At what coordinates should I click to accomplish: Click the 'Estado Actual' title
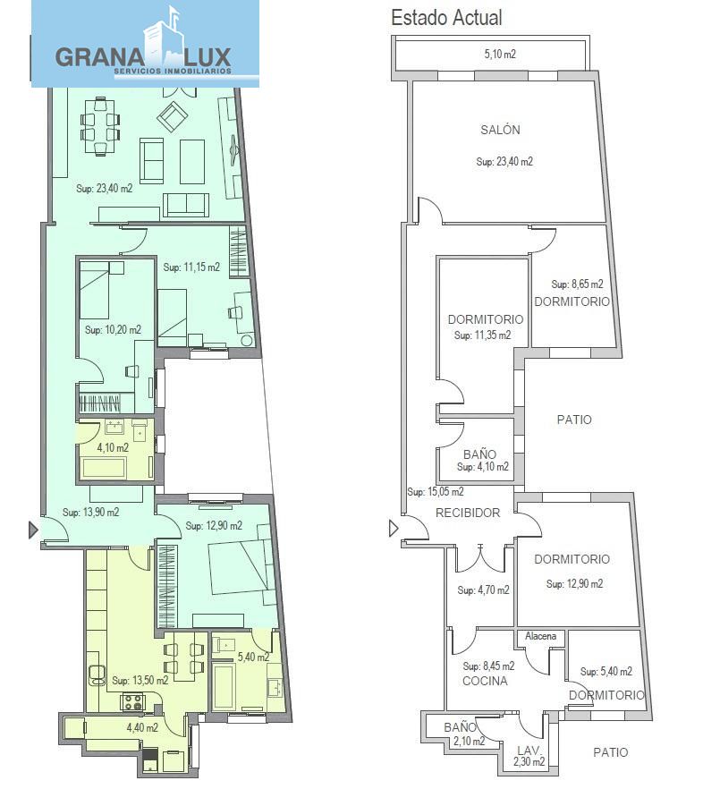[x=446, y=18]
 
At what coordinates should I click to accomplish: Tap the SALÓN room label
[x=500, y=130]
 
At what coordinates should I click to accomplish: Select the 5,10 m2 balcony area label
[x=500, y=54]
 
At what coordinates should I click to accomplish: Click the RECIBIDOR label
[x=468, y=513]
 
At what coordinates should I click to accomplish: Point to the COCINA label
[x=485, y=681]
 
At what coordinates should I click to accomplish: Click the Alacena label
[x=541, y=636]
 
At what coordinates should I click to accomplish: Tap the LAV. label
[x=529, y=751]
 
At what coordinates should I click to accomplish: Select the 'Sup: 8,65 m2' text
[x=577, y=284]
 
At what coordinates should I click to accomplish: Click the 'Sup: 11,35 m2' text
[x=483, y=335]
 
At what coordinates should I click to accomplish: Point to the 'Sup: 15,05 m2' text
[x=436, y=492]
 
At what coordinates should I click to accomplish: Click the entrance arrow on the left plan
[x=33, y=530]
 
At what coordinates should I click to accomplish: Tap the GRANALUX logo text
[x=143, y=56]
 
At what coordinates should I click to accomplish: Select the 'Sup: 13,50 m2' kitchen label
[x=140, y=680]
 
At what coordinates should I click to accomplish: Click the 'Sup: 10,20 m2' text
[x=114, y=329]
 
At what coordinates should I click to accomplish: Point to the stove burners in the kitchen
[x=133, y=702]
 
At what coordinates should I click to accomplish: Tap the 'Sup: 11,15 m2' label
[x=191, y=267]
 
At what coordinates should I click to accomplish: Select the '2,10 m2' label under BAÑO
[x=469, y=741]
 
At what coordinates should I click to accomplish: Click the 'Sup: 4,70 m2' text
[x=483, y=590]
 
